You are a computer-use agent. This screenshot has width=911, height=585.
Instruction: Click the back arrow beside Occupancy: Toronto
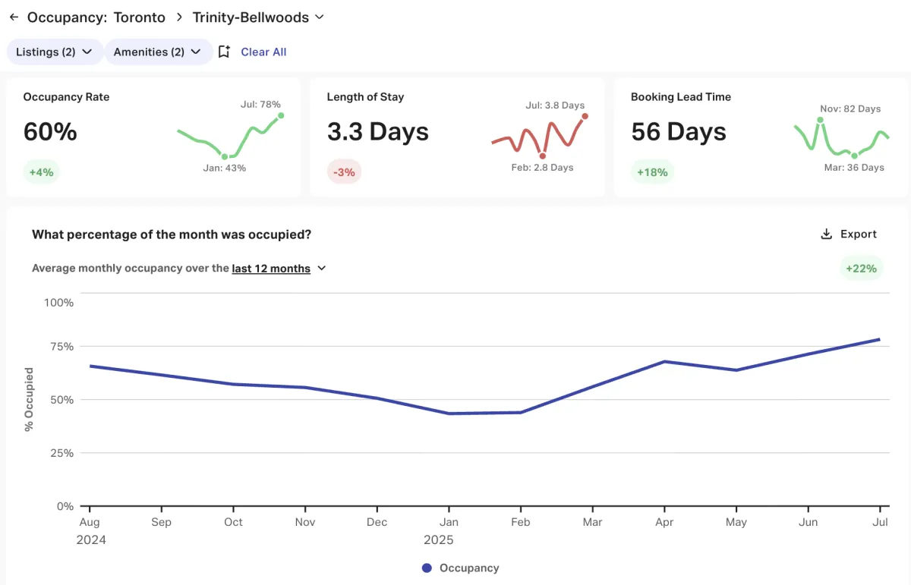(x=14, y=17)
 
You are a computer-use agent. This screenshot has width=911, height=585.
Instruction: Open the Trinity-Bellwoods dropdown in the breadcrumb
(x=319, y=17)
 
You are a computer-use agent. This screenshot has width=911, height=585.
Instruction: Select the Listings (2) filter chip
(x=54, y=52)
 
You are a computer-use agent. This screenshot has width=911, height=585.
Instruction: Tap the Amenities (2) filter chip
(x=157, y=52)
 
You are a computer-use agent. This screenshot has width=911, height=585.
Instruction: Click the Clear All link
(x=263, y=52)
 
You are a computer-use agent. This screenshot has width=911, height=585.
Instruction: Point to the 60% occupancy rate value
(x=50, y=132)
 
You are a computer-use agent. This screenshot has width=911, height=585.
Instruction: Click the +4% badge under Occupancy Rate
(x=41, y=172)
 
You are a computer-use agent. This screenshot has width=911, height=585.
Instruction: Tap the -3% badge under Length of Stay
(x=345, y=172)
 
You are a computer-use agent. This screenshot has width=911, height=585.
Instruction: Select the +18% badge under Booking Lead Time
(x=652, y=172)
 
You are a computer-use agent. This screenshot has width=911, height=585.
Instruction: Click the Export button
(x=849, y=234)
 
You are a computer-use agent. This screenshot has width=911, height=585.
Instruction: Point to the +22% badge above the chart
(x=861, y=268)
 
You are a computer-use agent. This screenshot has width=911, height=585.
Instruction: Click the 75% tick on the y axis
(x=59, y=347)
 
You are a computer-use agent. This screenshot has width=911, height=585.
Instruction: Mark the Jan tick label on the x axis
(x=449, y=522)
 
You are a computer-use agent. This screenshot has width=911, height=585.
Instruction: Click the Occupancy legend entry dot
(x=427, y=568)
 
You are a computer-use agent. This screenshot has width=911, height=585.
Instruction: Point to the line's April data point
(x=665, y=361)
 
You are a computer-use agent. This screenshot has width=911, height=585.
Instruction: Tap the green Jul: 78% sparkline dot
(x=281, y=115)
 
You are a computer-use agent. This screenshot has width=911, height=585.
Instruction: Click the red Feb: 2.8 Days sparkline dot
(x=542, y=156)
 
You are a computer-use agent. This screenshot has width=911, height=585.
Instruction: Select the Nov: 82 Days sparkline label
(x=850, y=109)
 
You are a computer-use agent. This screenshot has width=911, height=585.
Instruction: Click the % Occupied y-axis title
(x=29, y=399)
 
